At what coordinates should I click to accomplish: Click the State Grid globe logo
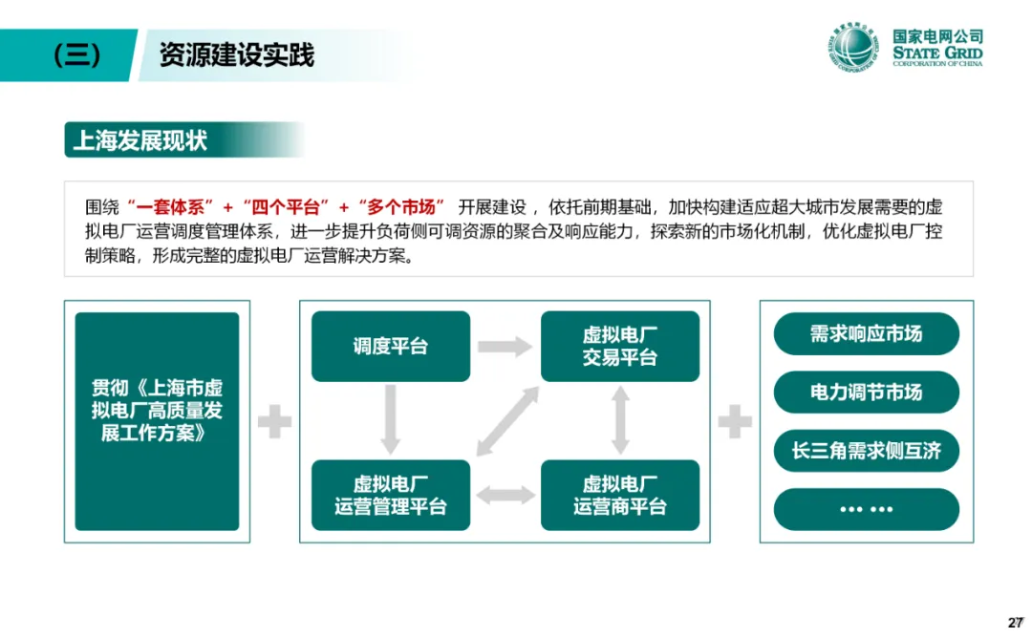click(853, 49)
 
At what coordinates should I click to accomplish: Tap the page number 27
click(1016, 623)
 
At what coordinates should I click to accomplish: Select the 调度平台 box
click(391, 346)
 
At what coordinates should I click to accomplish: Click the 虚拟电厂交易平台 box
click(620, 346)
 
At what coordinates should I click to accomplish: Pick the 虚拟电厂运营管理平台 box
click(391, 495)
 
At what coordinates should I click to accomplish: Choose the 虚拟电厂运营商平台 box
click(620, 495)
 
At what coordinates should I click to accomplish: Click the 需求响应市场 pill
click(866, 333)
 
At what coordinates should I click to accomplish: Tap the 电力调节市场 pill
click(866, 392)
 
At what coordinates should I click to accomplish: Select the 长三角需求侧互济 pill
click(866, 451)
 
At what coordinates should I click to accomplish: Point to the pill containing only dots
click(866, 509)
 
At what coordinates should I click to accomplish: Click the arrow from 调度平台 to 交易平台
click(505, 346)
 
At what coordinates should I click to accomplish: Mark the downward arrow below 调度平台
click(390, 418)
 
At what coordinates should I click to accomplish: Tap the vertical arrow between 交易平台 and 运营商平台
click(620, 419)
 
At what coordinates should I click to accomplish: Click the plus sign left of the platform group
click(274, 421)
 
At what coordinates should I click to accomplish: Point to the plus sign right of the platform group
click(735, 421)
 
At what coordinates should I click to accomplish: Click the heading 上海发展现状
click(140, 140)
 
